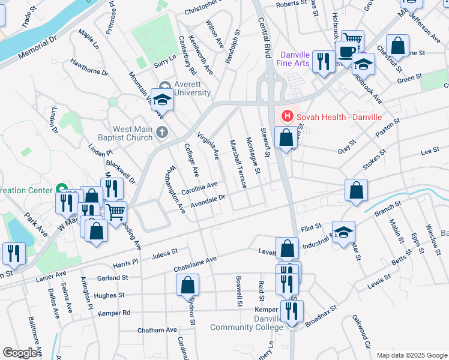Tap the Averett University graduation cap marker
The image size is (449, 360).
tap(162, 100)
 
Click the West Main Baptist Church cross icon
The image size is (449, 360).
tap(161, 132)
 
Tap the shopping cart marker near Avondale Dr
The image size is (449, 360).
tap(115, 211)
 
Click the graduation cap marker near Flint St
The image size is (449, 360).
tap(343, 232)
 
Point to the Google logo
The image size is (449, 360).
tap(20, 352)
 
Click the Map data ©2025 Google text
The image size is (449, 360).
tap(411, 355)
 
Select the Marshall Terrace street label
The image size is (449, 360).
tap(238, 163)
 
